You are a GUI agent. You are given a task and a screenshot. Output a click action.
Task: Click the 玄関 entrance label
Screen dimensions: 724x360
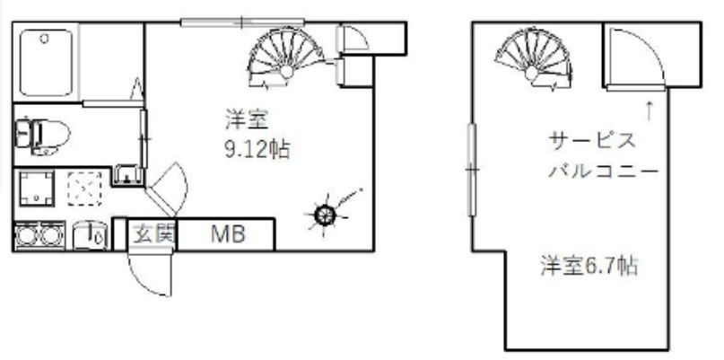149,234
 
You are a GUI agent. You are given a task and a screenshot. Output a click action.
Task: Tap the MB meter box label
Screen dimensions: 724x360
228,234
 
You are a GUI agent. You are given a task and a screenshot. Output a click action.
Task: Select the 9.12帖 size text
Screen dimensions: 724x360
257,150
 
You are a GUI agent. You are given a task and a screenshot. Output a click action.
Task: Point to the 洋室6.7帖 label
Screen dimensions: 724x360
589,267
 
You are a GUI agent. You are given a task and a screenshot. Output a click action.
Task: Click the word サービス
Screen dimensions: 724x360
591,141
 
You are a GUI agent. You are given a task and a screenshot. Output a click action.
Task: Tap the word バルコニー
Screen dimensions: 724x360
603,171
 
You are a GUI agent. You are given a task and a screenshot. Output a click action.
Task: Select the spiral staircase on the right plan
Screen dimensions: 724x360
533,57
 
